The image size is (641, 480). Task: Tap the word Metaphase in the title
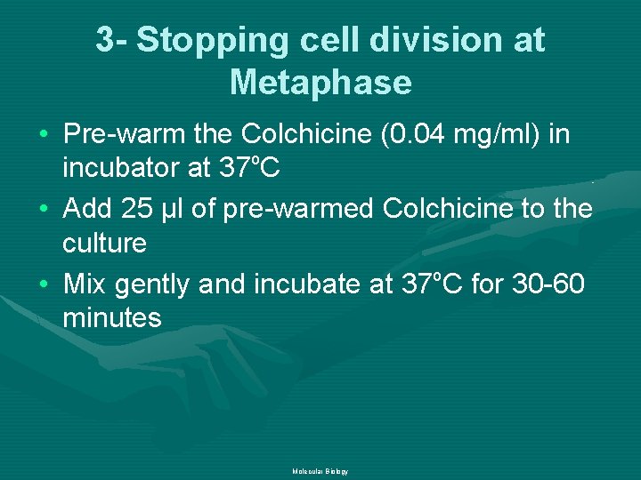[320, 83]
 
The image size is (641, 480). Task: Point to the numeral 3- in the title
[113, 41]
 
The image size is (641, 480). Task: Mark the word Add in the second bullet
[87, 209]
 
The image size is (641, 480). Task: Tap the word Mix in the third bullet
[85, 284]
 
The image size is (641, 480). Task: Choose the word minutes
[112, 317]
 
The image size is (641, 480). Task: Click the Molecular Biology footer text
[320, 471]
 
